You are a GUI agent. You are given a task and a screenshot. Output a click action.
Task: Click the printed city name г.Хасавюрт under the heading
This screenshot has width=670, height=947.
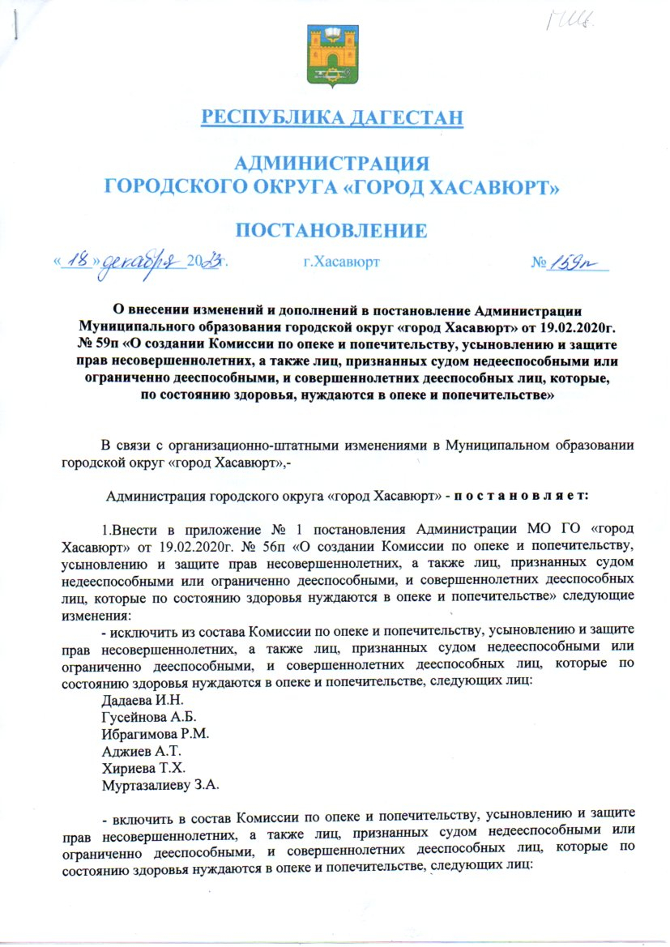point(339,262)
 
